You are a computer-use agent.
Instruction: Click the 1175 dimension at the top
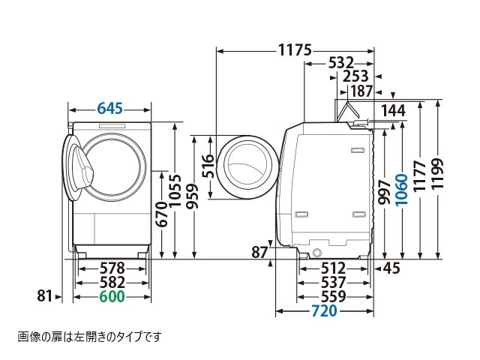point(294,51)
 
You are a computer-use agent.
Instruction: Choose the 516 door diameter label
point(208,167)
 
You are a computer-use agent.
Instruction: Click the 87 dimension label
point(259,253)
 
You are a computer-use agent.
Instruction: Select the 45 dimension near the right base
point(391,267)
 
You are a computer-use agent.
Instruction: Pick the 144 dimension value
point(393,111)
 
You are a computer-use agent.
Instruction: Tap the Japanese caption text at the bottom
point(89,337)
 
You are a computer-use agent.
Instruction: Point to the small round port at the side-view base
point(317,250)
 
